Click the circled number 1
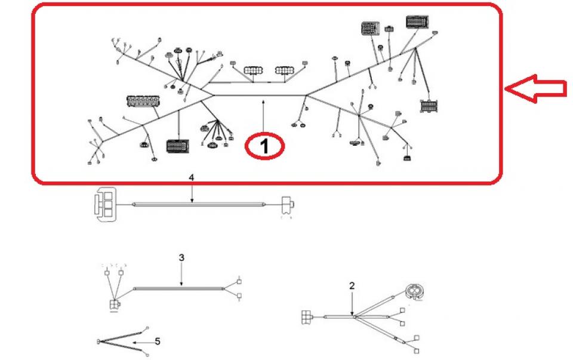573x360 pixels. pyautogui.click(x=265, y=146)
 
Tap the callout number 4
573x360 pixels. pyautogui.click(x=192, y=178)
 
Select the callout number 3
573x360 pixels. pyautogui.click(x=181, y=257)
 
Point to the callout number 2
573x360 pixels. pyautogui.click(x=352, y=285)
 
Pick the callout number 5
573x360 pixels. pyautogui.click(x=158, y=342)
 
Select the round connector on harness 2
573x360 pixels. pyautogui.click(x=413, y=291)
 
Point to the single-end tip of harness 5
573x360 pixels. pyautogui.click(x=97, y=342)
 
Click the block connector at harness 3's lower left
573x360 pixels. pyautogui.click(x=113, y=306)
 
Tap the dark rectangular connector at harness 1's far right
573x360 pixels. pyautogui.click(x=430, y=107)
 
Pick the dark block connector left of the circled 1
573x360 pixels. pyautogui.click(x=178, y=146)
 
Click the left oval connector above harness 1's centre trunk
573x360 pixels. pyautogui.click(x=251, y=70)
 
